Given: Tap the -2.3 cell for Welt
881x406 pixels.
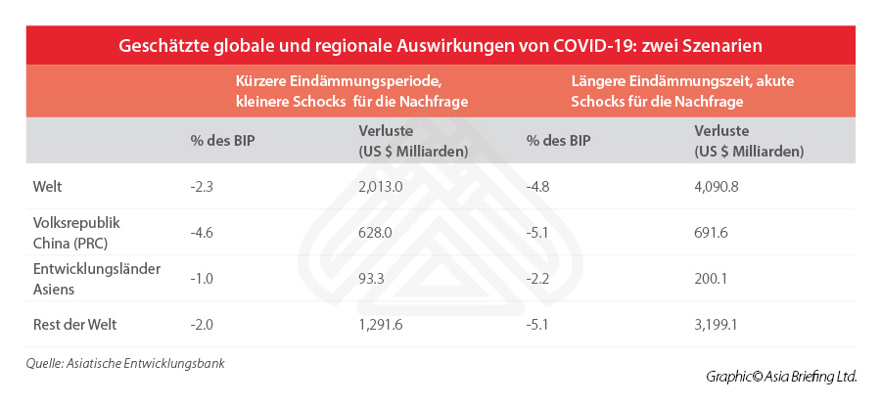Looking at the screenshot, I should [x=202, y=186].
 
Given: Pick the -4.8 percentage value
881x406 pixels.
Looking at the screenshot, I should [x=538, y=186].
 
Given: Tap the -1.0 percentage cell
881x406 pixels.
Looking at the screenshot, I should [x=202, y=278].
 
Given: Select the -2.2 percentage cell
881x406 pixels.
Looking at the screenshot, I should [x=538, y=278].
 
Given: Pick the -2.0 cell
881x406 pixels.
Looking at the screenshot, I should [x=202, y=324].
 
